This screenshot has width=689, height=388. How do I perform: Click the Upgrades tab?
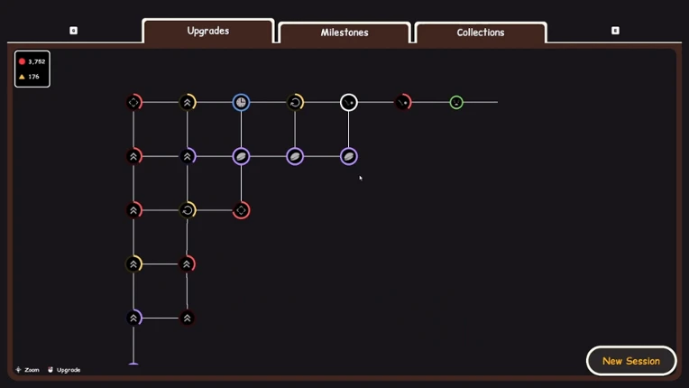[208, 31]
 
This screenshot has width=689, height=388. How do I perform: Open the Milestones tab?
[344, 32]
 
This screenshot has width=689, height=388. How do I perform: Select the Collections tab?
[481, 32]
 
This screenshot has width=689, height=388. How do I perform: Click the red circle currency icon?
[22, 61]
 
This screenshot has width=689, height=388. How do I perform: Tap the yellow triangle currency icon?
[22, 77]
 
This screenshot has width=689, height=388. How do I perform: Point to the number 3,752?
[37, 62]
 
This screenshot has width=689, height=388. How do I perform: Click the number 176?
[34, 77]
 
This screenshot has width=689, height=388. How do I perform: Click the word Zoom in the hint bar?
[32, 370]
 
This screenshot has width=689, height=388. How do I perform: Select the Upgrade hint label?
[69, 370]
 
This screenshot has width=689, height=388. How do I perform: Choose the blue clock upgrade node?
[241, 102]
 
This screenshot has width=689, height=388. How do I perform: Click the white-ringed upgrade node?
[349, 102]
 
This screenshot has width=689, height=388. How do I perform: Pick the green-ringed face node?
[456, 102]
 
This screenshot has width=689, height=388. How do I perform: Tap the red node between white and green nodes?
[403, 102]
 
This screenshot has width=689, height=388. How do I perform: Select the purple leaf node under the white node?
[349, 156]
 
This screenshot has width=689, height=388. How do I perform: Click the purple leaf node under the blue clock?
[241, 156]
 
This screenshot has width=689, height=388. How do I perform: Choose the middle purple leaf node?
[295, 156]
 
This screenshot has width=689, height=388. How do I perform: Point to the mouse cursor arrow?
[361, 178]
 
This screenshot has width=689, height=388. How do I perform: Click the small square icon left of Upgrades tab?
[73, 31]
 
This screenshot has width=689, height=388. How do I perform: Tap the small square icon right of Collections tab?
[615, 31]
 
